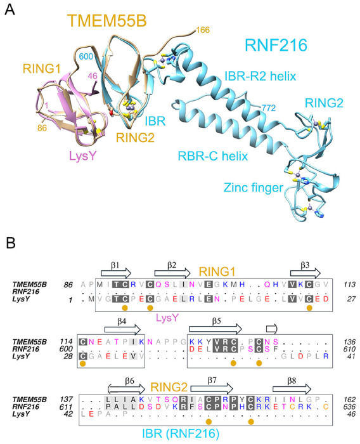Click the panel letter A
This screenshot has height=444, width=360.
click(x=10, y=11)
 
